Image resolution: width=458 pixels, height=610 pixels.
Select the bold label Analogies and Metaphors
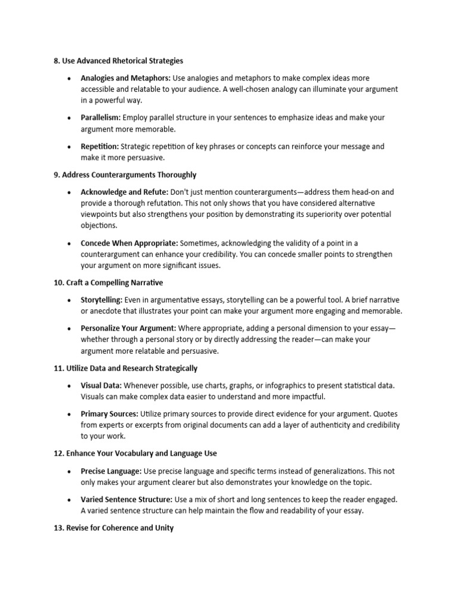click(x=125, y=78)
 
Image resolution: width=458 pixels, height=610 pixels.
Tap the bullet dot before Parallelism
click(x=70, y=118)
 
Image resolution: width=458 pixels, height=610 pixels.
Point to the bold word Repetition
click(x=100, y=147)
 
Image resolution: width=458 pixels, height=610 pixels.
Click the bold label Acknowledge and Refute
click(x=125, y=192)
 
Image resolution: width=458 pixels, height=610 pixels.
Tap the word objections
click(x=100, y=226)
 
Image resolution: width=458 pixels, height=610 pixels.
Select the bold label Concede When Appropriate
click(x=129, y=243)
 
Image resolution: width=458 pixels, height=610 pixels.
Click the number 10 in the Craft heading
click(x=58, y=282)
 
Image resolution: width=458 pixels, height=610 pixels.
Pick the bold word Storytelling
click(x=102, y=300)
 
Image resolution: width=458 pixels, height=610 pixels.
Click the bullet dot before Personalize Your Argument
click(x=70, y=328)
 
